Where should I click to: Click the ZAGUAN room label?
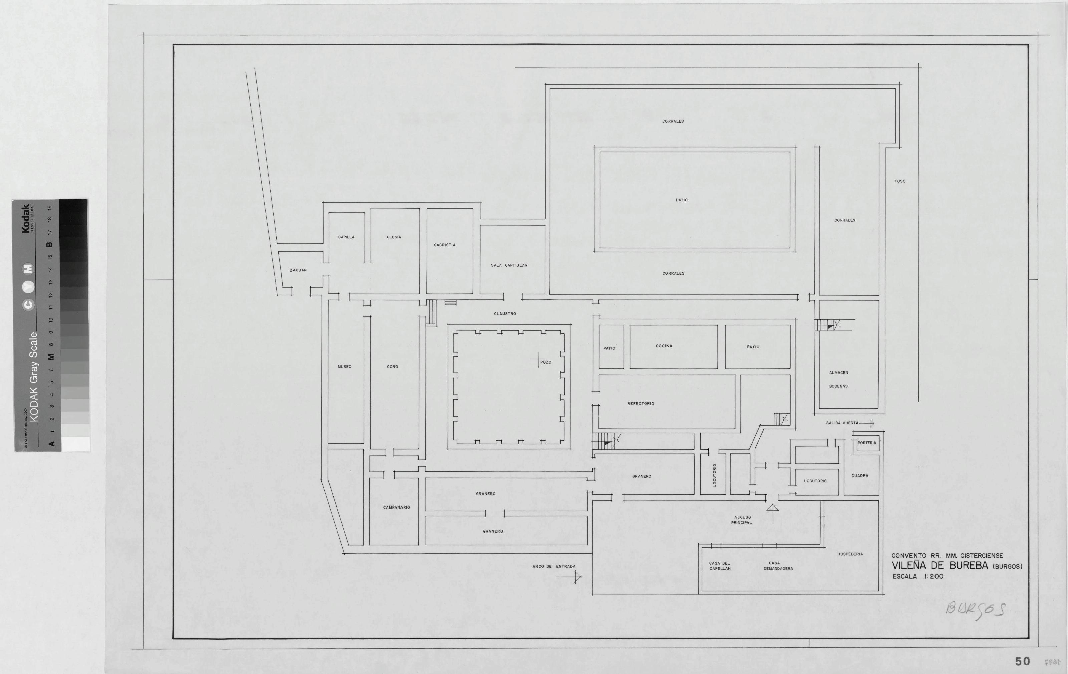tap(298, 270)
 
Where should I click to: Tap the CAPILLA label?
tap(346, 237)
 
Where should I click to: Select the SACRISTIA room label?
tap(445, 245)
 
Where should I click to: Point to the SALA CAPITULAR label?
tap(509, 265)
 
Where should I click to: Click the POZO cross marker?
tap(538, 360)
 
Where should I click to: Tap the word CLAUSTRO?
tap(505, 314)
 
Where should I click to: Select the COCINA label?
tap(664, 346)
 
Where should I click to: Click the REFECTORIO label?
tap(641, 403)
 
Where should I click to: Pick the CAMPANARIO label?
tap(396, 507)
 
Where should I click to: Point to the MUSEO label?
tap(345, 367)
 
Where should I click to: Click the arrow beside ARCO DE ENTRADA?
tap(569, 577)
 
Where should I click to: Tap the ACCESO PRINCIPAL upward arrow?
tap(772, 514)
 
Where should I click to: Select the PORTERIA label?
tap(867, 442)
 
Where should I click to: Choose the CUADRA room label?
tap(859, 476)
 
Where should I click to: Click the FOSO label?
tap(900, 181)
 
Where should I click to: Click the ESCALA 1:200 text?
tap(918, 577)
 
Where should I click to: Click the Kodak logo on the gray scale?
tap(26, 219)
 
